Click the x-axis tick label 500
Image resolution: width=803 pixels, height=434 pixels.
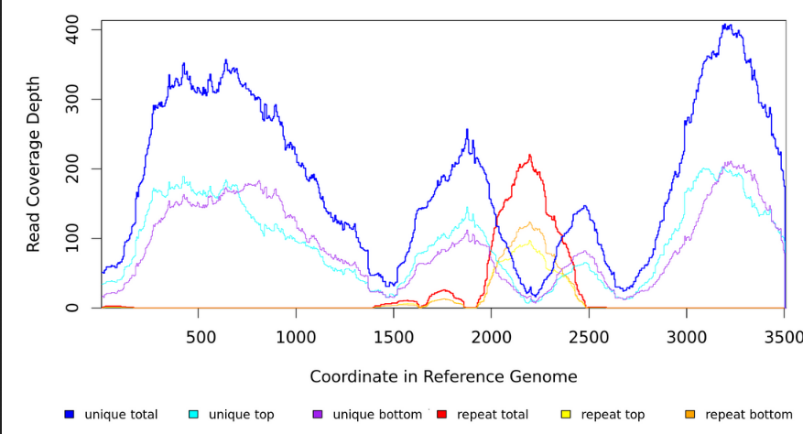click(200, 336)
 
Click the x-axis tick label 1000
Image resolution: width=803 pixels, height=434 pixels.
click(296, 336)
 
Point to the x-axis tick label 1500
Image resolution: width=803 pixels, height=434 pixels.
click(394, 336)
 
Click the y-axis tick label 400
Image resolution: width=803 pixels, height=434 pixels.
click(71, 29)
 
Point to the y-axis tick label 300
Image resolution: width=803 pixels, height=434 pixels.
click(71, 99)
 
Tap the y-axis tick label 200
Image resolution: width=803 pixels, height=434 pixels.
click(71, 168)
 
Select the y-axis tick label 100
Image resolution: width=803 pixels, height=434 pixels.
click(71, 238)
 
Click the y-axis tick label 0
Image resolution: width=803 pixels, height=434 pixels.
click(71, 308)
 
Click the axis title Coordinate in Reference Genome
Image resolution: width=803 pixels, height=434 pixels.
click(443, 376)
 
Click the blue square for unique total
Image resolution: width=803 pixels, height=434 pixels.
click(69, 415)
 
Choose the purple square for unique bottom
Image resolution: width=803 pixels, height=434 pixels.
click(317, 415)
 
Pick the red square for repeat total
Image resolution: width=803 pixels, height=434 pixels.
click(441, 415)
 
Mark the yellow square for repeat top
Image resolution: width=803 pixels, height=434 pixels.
click(565, 415)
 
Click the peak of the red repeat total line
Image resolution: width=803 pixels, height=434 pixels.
click(530, 156)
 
